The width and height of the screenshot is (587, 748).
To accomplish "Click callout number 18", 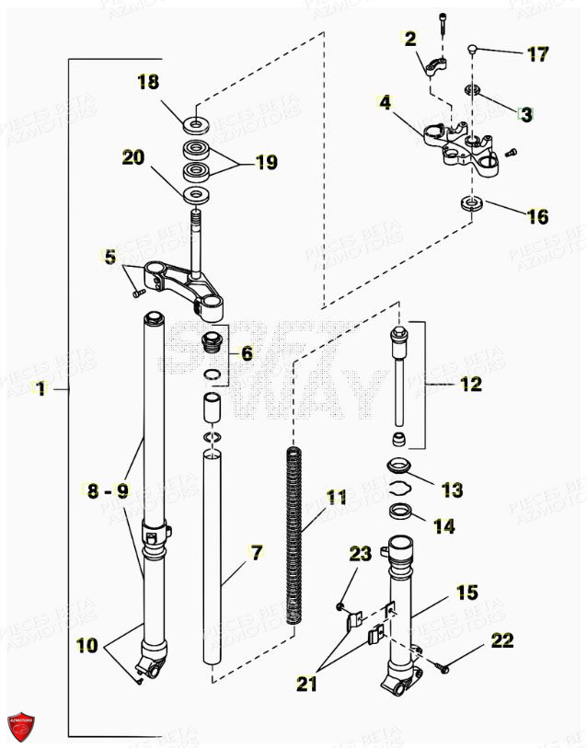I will (x=148, y=82).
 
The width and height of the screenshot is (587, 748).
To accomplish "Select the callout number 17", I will (x=536, y=53).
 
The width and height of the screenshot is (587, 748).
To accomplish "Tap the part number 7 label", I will (x=256, y=552).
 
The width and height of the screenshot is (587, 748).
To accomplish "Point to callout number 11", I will (x=337, y=498).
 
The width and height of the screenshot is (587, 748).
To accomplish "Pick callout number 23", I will (x=360, y=553).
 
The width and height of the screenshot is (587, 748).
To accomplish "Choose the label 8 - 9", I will (x=107, y=490).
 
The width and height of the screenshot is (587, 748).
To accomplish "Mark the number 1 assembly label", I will (x=40, y=389).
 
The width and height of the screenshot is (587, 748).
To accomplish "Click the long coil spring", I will (x=294, y=534).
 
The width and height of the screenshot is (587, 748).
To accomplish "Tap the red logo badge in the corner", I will (x=20, y=726).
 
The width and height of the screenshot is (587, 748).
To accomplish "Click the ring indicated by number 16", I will (x=470, y=202).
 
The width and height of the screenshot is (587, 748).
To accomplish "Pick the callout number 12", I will (x=470, y=384).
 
